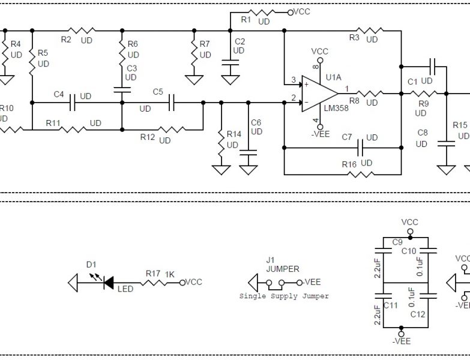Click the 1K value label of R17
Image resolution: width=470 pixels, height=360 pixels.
click(x=170, y=274)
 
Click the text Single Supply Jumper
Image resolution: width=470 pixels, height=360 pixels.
click(x=284, y=296)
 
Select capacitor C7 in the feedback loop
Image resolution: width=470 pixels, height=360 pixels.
click(x=361, y=146)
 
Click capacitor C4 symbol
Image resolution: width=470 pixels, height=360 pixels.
click(x=72, y=103)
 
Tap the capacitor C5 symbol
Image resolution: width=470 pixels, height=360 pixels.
click(x=172, y=103)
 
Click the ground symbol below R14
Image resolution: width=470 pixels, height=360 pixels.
click(x=221, y=170)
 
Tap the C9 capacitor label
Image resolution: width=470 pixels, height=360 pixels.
click(x=396, y=242)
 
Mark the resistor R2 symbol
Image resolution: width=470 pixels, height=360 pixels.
click(x=80, y=30)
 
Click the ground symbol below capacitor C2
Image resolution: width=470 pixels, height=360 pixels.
click(x=230, y=79)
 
